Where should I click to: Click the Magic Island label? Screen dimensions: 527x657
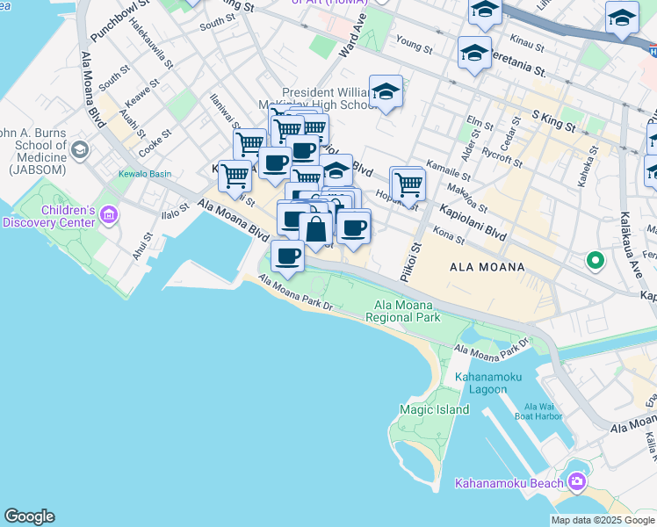[430, 409]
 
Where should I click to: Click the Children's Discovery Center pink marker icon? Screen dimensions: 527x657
[109, 214]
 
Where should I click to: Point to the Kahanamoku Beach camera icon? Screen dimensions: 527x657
[576, 480]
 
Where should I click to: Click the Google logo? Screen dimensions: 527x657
[29, 516]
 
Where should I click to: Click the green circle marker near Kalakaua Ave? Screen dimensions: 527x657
[595, 260]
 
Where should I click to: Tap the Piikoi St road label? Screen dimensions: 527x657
[406, 261]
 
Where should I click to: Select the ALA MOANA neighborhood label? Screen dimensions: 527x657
[487, 267]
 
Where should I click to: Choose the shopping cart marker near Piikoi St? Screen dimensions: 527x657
[408, 184]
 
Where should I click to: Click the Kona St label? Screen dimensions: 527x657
[449, 234]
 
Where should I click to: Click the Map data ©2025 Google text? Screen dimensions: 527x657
[603, 520]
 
